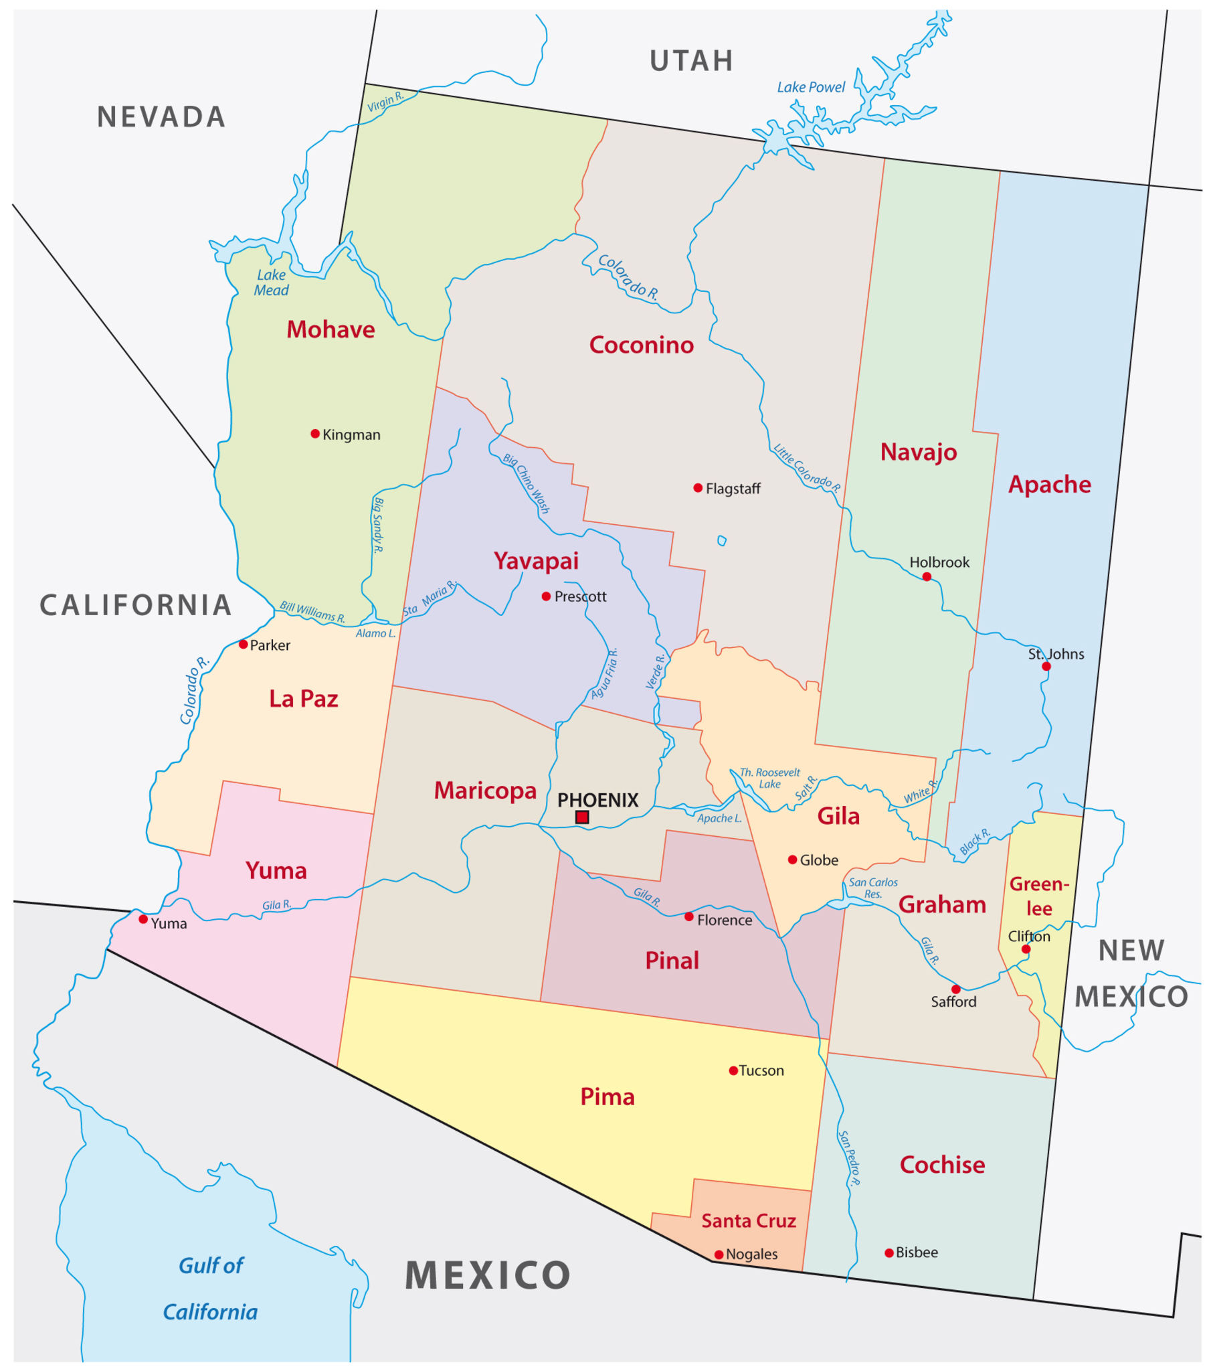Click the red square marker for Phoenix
582,817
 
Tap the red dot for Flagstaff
698,487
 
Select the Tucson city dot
733,1070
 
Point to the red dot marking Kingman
315,434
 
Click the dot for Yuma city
143,919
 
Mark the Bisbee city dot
889,1253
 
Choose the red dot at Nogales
719,1255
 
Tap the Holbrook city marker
927,577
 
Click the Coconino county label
641,345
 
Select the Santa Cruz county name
748,1221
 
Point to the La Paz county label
303,699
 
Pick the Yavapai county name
536,561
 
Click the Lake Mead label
271,283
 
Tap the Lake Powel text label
811,87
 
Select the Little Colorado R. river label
807,467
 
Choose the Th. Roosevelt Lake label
770,778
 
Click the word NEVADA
161,117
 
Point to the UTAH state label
691,61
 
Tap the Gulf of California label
211,1288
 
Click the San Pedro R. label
849,1157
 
